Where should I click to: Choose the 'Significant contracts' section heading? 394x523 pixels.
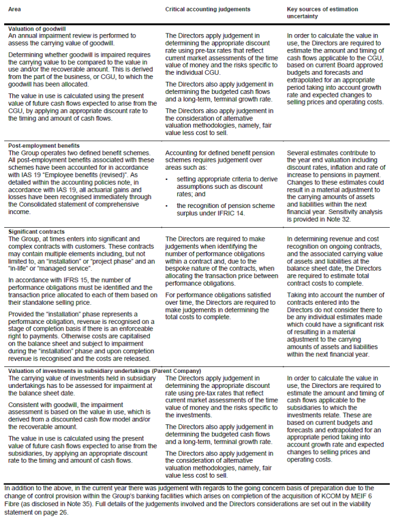[x=36, y=231]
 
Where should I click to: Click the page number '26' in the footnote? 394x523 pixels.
[x=64, y=512]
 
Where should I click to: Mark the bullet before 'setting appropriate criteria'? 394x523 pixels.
[x=168, y=179]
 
